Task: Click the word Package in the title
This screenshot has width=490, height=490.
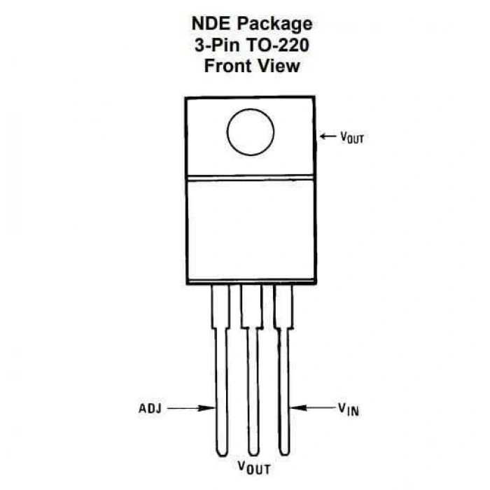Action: tap(274, 24)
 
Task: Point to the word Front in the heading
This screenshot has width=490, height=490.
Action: tap(227, 66)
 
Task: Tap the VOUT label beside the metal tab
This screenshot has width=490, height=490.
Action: tap(352, 137)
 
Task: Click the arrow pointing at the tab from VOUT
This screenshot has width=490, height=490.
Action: tap(328, 136)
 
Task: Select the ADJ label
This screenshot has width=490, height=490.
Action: tap(150, 408)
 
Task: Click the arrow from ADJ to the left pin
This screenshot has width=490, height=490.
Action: tap(190, 408)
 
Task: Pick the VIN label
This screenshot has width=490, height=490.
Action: tap(349, 409)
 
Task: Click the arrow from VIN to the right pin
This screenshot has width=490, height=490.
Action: tap(312, 407)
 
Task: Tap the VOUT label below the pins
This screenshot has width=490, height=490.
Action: tap(253, 468)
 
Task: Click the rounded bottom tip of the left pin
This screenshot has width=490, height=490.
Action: tap(222, 455)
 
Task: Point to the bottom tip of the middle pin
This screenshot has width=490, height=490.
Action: tap(253, 455)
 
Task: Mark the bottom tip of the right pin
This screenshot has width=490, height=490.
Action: tap(284, 454)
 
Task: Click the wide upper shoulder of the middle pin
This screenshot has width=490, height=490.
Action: tap(251, 307)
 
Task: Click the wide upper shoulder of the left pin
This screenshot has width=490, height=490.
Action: tap(220, 307)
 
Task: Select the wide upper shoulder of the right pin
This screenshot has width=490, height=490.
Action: tap(283, 307)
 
